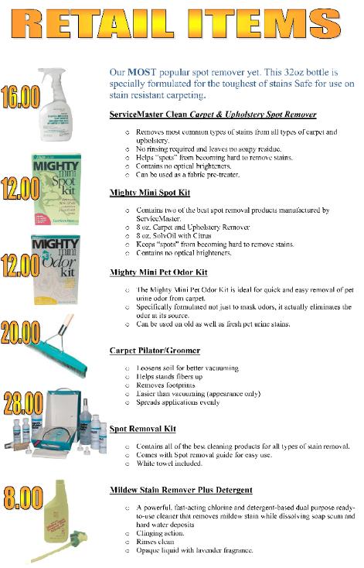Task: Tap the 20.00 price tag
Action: pyautogui.click(x=22, y=331)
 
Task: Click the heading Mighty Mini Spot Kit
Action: pyautogui.click(x=150, y=192)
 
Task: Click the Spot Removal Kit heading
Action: pyautogui.click(x=143, y=429)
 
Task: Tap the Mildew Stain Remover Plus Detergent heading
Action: pyautogui.click(x=181, y=490)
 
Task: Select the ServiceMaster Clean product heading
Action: pyautogui.click(x=213, y=115)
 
